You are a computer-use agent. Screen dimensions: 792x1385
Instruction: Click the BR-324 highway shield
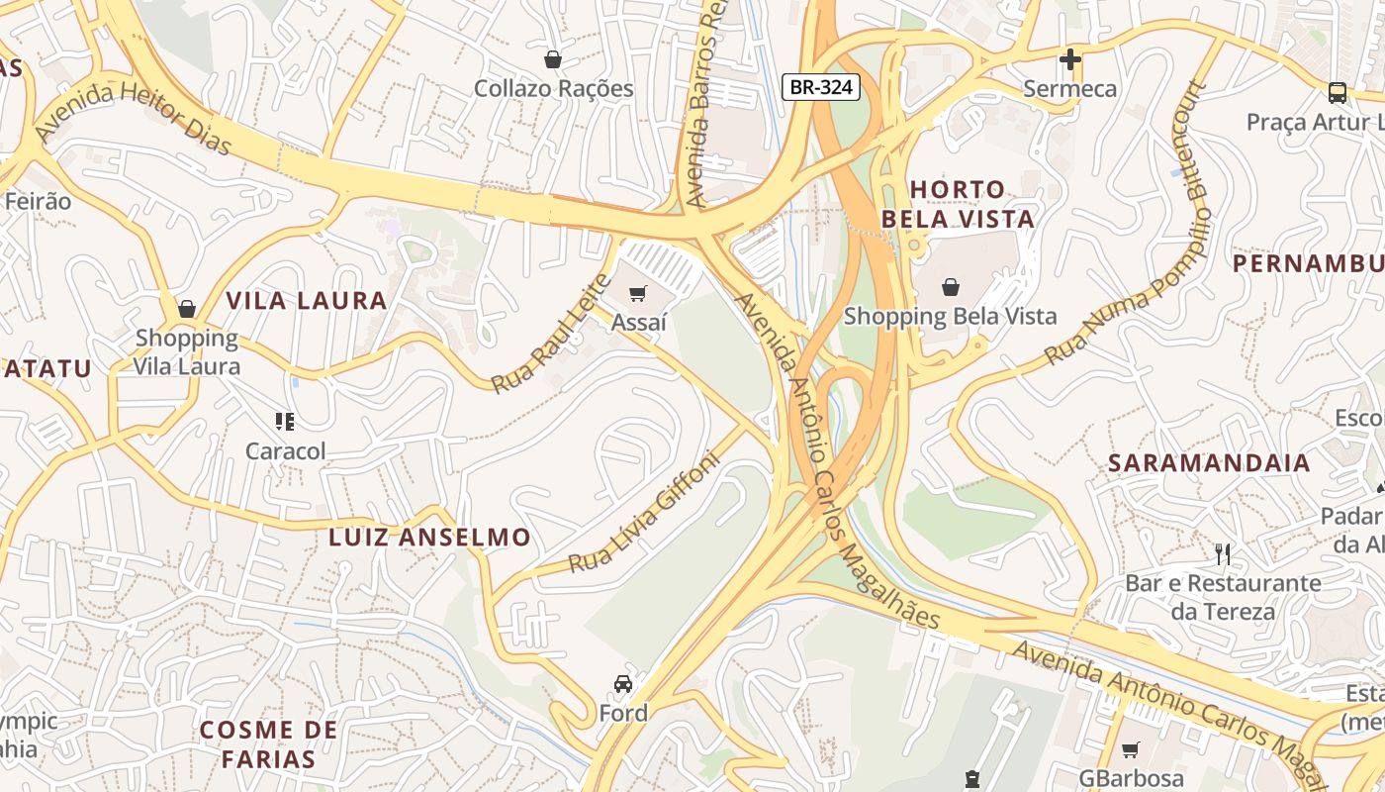coord(821,87)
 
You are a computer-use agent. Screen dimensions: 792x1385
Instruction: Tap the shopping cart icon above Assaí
coord(638,293)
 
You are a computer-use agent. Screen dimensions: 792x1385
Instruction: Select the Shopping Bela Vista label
coord(950,317)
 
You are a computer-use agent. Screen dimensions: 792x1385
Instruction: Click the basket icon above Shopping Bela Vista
coord(950,287)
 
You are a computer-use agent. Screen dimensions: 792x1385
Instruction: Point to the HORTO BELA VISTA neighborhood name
coord(958,204)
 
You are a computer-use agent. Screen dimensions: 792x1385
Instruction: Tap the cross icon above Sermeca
coord(1069,59)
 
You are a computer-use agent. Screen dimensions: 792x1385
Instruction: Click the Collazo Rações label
coord(553,88)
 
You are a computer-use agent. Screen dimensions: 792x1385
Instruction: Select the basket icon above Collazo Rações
coord(553,59)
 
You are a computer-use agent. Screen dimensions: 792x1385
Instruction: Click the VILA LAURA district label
coord(306,301)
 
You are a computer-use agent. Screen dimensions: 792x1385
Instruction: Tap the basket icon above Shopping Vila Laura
coord(186,309)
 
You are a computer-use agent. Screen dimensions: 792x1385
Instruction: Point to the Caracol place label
coord(285,451)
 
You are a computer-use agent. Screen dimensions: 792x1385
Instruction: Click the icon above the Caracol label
coord(285,422)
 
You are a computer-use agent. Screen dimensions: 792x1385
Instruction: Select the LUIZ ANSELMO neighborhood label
coord(429,538)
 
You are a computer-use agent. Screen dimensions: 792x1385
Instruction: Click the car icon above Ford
coord(623,683)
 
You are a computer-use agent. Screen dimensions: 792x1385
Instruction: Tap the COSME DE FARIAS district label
coord(268,744)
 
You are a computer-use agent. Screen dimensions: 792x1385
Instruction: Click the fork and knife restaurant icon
coord(1223,553)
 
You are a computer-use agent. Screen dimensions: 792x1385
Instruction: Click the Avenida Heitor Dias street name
coord(133,119)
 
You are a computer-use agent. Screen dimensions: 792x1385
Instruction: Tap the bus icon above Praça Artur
coord(1337,93)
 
